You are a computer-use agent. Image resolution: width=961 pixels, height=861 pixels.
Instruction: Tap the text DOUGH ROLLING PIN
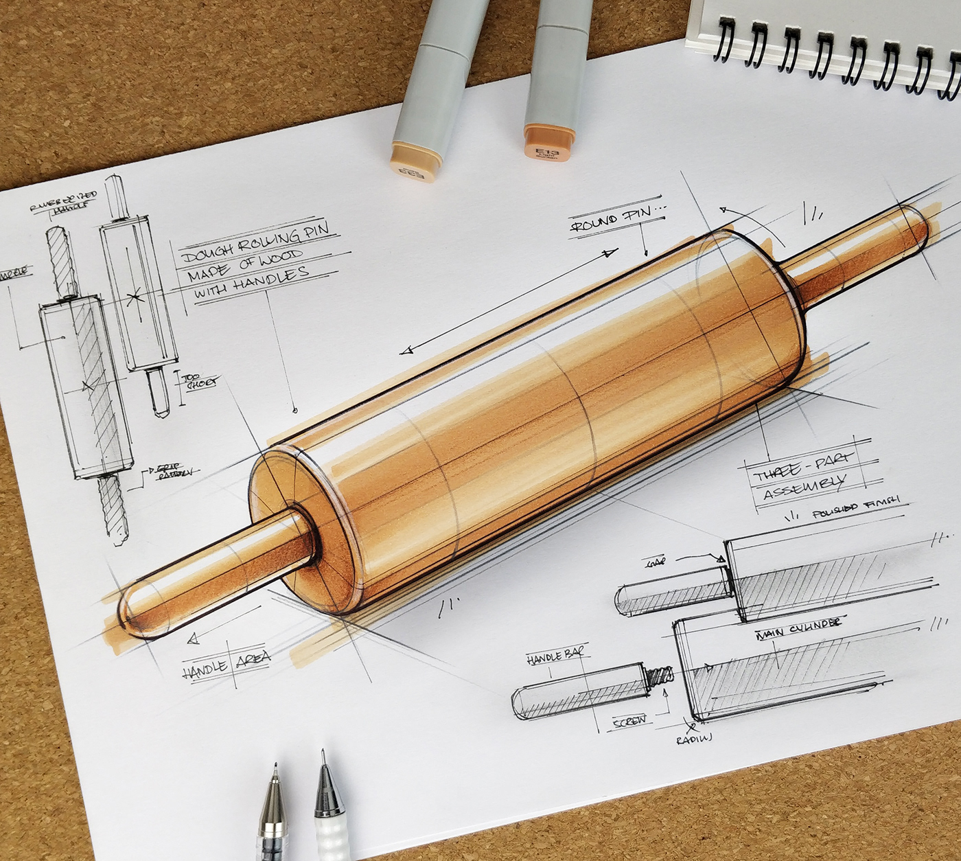click(255, 242)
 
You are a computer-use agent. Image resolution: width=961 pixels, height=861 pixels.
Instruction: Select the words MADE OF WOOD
click(244, 264)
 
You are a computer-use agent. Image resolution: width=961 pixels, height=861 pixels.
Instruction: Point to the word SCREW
click(629, 720)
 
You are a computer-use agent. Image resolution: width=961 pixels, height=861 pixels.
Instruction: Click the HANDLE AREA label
click(226, 664)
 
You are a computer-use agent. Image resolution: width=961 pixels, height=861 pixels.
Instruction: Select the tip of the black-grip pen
click(275, 768)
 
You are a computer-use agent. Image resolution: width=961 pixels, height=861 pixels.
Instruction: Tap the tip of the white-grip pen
click(323, 754)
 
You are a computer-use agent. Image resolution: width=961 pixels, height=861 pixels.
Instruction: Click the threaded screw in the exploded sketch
click(658, 676)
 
